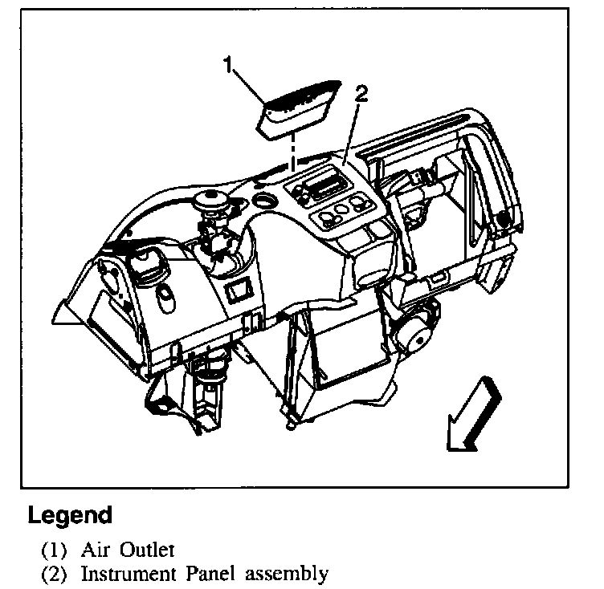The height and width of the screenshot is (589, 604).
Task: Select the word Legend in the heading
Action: (x=69, y=514)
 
